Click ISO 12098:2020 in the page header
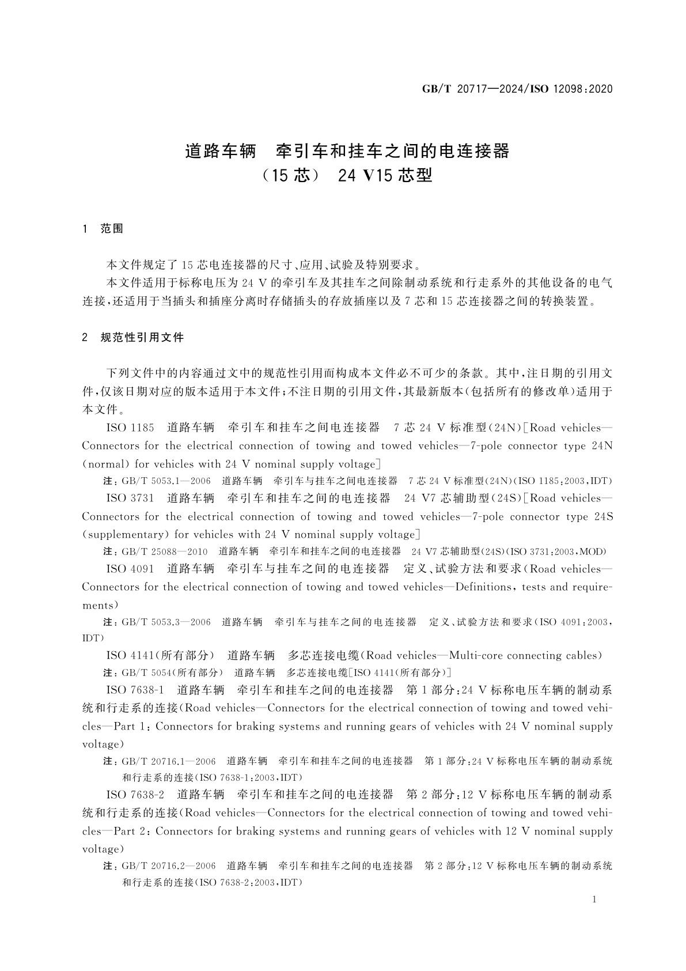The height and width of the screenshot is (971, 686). pos(570,89)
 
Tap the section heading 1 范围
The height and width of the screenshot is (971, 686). pos(104,229)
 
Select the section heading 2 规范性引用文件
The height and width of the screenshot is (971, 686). pos(134,338)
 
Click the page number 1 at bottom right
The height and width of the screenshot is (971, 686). pos(595,900)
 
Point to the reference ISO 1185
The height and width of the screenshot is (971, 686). pos(131,428)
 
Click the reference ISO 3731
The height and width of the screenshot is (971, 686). pos(131,498)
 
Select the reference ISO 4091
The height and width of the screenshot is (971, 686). pos(131,569)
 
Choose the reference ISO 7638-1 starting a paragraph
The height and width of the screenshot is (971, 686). pos(136,690)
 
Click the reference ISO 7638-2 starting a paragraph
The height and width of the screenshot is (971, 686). pos(136,795)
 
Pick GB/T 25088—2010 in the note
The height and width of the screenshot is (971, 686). pos(165,551)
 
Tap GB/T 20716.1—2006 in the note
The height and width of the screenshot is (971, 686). pos(169,761)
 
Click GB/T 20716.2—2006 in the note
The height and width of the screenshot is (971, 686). pos(169,866)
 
